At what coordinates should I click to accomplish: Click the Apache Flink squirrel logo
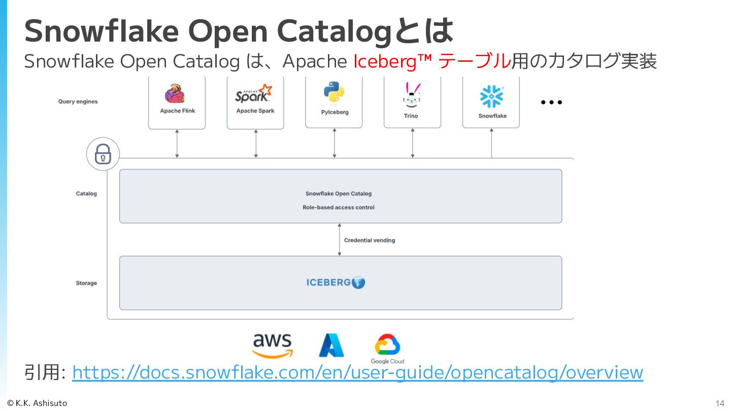[174, 94]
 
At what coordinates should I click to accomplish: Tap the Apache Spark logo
[254, 94]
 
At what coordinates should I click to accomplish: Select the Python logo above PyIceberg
[334, 92]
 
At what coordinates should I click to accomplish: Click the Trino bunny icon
[411, 95]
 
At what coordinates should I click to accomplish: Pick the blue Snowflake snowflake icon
[491, 96]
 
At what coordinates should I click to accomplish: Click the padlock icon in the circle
[103, 154]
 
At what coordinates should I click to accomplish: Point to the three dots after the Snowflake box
[551, 102]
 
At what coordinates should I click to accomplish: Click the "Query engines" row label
[78, 101]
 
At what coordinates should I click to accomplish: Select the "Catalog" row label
[86, 194]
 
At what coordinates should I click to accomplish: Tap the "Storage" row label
[86, 283]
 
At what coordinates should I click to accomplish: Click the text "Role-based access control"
[339, 208]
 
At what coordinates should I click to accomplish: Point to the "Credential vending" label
[369, 241]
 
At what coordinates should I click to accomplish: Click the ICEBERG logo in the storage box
[336, 283]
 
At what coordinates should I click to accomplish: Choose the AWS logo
[273, 345]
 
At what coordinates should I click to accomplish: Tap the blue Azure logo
[331, 346]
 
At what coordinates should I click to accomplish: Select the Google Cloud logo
[387, 349]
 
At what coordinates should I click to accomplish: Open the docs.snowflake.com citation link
[357, 372]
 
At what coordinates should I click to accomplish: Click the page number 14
[720, 404]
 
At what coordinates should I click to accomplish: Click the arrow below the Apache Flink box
[177, 144]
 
